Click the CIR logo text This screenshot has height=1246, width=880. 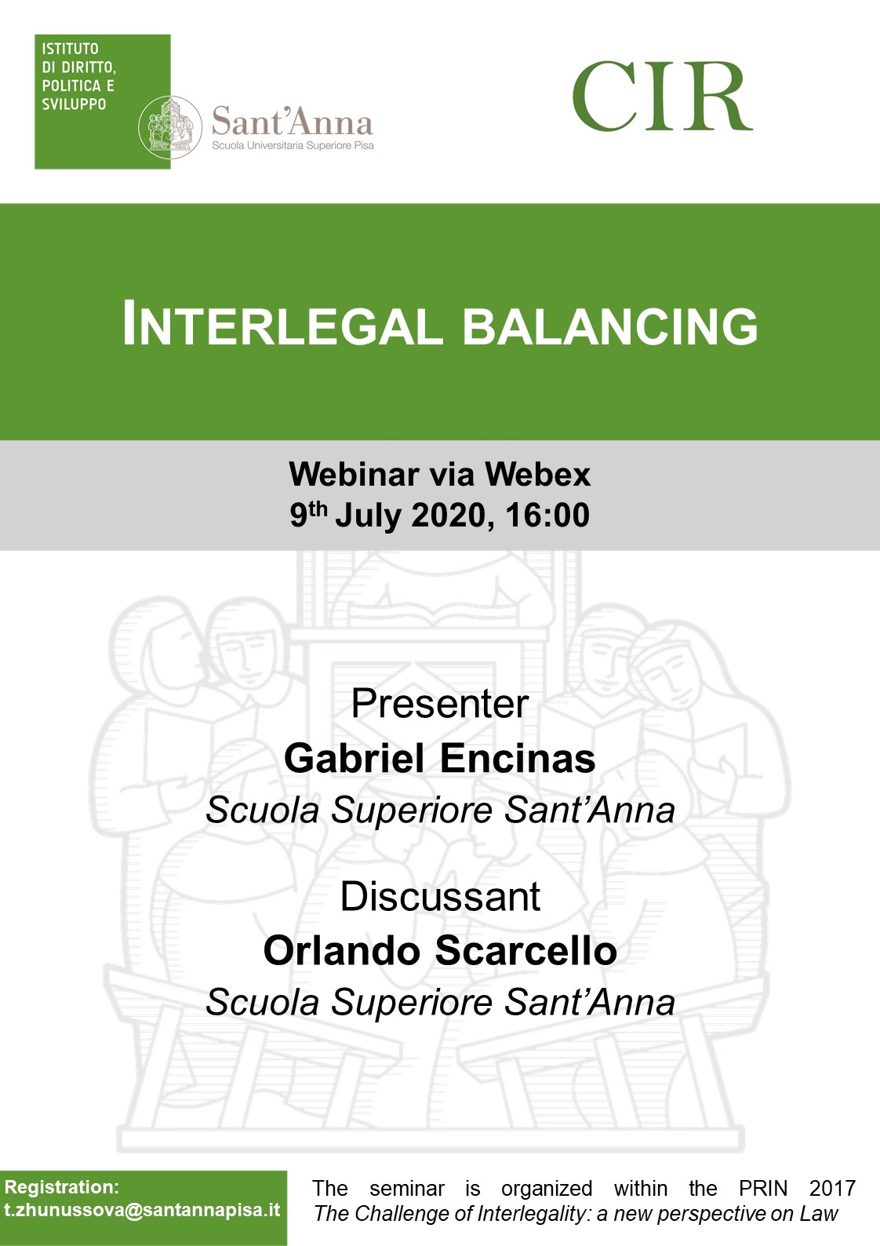pos(662,96)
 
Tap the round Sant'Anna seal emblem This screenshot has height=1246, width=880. pos(170,127)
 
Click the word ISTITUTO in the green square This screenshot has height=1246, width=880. pos(70,49)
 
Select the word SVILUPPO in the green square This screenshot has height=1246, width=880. pos(74,104)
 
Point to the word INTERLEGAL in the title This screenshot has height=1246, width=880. pos(282,323)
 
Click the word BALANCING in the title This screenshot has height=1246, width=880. pos(610,326)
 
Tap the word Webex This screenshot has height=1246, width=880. pos(537,475)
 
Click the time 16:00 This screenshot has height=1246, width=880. pos(547,515)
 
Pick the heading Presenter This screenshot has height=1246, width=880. pos(440,705)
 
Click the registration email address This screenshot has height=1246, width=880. pos(142,1210)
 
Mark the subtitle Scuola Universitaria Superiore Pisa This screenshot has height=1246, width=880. pos(293,146)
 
